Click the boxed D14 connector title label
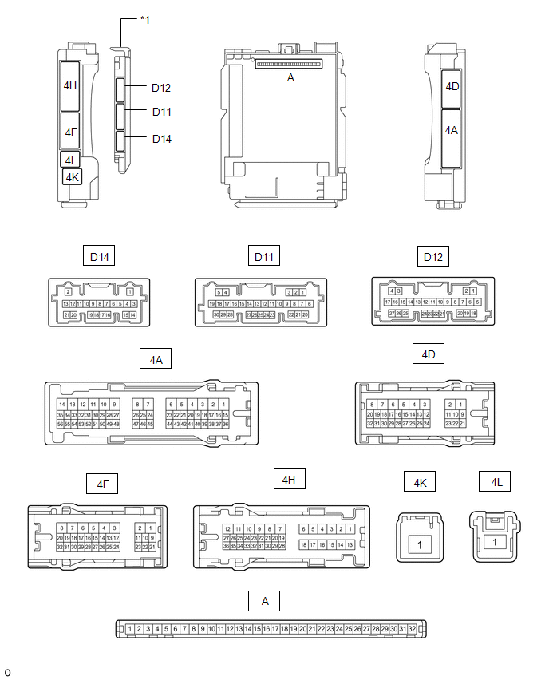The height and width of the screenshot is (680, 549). (x=100, y=257)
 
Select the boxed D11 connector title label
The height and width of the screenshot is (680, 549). (x=264, y=257)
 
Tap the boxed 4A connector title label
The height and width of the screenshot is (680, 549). (x=156, y=360)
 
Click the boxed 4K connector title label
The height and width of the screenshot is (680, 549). (x=420, y=482)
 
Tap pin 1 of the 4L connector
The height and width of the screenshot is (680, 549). (x=496, y=542)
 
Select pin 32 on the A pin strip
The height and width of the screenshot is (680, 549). (x=412, y=629)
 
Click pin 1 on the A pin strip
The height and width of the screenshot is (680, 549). (x=129, y=629)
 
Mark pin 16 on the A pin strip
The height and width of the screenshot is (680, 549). (x=267, y=629)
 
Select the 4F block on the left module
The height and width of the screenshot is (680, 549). (x=70, y=132)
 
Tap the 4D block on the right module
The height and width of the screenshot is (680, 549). (x=452, y=85)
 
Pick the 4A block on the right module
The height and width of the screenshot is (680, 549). (x=452, y=131)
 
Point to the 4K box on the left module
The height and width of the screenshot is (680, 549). (x=73, y=176)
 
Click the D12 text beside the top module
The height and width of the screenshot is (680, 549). (x=161, y=88)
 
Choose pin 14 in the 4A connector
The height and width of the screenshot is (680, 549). (x=61, y=405)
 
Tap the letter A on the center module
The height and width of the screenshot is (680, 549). (x=290, y=77)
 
